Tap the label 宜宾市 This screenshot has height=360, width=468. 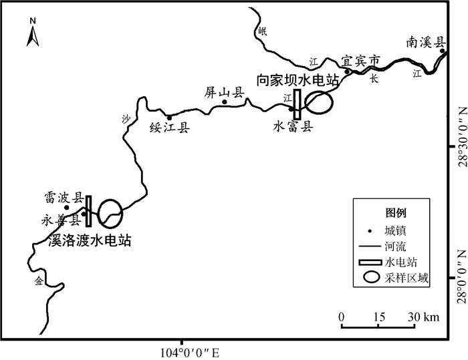click(360, 60)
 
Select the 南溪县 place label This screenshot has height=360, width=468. click(425, 43)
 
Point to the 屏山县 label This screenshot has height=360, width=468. click(224, 94)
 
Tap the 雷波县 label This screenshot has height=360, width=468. click(64, 198)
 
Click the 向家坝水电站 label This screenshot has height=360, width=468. click(298, 80)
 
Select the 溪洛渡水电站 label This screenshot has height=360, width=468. click(90, 240)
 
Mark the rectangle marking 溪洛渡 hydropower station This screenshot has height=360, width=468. click(88, 210)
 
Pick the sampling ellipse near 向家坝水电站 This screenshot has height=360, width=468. click(318, 102)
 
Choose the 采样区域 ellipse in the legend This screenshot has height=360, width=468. click(371, 279)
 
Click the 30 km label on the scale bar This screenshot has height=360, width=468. click(423, 317)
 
